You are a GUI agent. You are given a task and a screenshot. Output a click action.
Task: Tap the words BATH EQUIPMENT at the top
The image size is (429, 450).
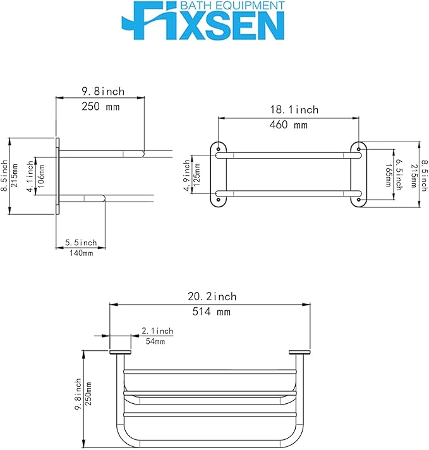[x=233, y=6]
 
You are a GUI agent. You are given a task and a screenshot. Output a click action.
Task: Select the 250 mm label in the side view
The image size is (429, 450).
[x=100, y=107]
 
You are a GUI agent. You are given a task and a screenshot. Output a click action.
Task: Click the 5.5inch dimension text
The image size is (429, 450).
[x=81, y=243]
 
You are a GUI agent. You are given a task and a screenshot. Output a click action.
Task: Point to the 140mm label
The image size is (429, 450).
[x=82, y=253]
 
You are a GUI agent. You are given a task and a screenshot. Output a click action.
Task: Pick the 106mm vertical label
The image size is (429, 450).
[x=41, y=176]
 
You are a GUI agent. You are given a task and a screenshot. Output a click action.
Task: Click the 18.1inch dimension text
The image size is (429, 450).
[x=294, y=109]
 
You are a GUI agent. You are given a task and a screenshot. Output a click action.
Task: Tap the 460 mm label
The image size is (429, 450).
[x=288, y=125]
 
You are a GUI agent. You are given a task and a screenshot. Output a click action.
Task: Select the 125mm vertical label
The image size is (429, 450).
[x=197, y=175]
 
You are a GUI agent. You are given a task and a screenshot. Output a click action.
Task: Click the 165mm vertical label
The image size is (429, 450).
[x=389, y=175]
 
